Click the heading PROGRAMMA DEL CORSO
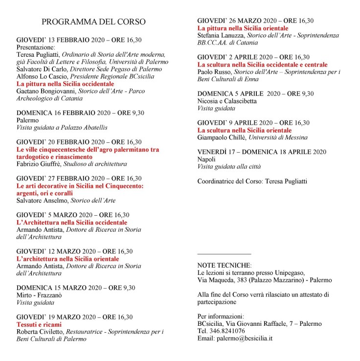click(93, 22)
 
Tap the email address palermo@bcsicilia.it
click(235, 338)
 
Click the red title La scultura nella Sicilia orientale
click(245, 131)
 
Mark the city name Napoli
click(206, 159)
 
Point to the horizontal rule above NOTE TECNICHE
click(224, 254)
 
